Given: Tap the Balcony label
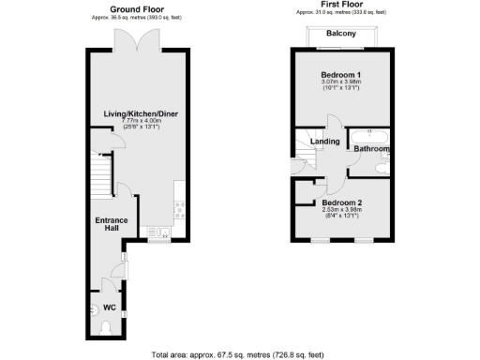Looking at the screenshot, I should (x=340, y=34).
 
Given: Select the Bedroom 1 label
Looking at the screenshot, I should (x=340, y=74).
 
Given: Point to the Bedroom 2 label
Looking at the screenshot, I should (x=340, y=202).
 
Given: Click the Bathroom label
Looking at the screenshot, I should (x=372, y=149).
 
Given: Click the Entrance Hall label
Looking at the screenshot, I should (x=109, y=226).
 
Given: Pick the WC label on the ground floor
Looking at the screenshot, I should (x=109, y=307).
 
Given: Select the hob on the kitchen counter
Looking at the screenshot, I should (x=178, y=211).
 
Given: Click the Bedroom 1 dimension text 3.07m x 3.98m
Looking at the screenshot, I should (x=340, y=82).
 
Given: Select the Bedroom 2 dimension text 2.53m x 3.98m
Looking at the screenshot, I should (x=340, y=211).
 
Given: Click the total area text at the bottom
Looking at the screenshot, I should (x=238, y=353).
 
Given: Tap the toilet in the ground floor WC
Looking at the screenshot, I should (x=105, y=327).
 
